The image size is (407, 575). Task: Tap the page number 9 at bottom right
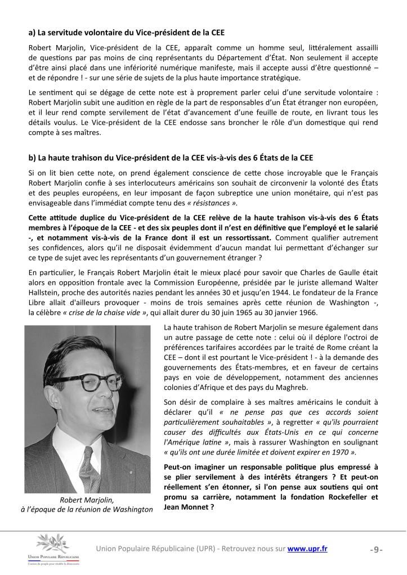[x=377, y=550]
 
